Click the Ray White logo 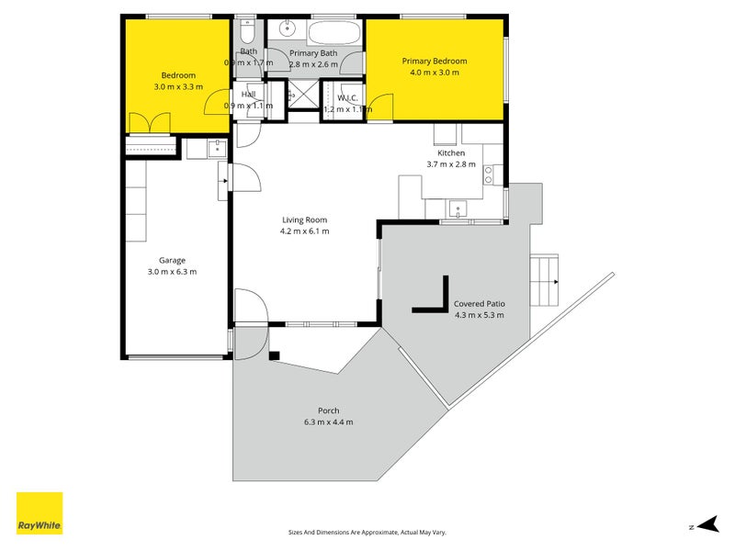click(x=40, y=513)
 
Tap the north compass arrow click(x=706, y=524)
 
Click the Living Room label click(x=304, y=220)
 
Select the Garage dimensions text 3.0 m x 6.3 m click(x=172, y=272)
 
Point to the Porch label click(x=328, y=410)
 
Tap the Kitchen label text click(x=451, y=153)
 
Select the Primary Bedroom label click(x=435, y=62)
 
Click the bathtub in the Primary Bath click(x=334, y=35)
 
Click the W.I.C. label click(x=347, y=97)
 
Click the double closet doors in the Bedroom click(x=150, y=123)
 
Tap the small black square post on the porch click(x=274, y=355)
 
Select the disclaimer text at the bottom click(x=367, y=532)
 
